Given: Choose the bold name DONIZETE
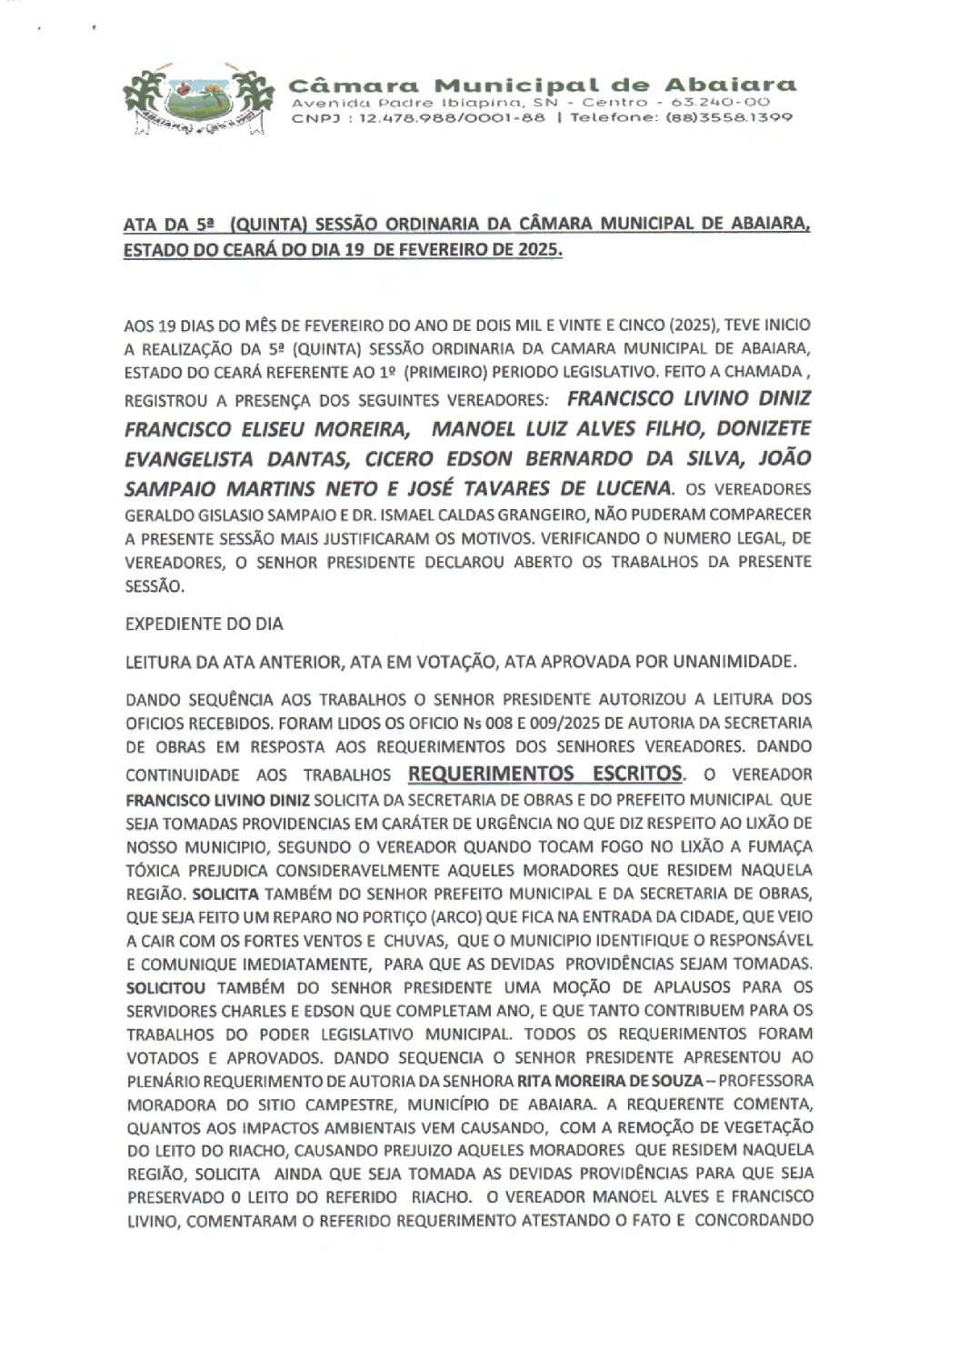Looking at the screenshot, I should [x=750, y=427].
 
